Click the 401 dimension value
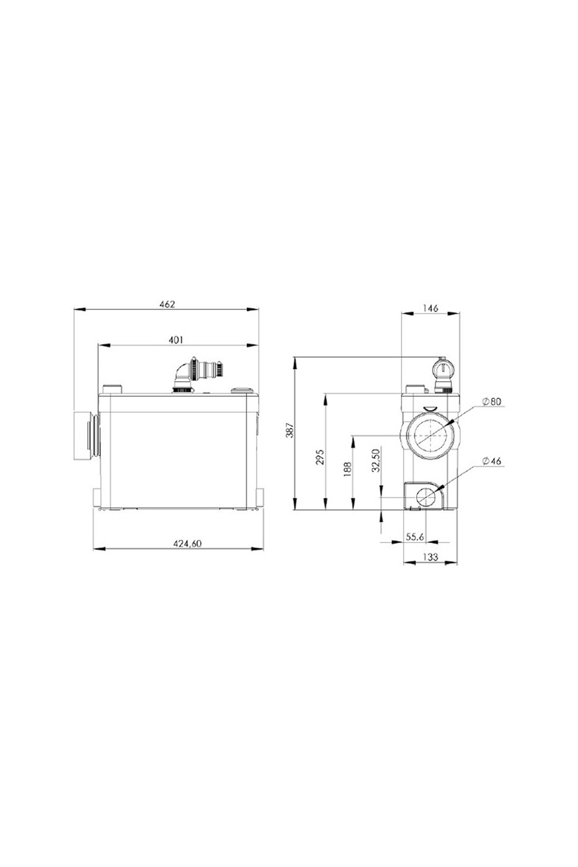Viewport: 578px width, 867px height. (x=176, y=340)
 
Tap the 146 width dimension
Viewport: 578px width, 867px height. (x=430, y=308)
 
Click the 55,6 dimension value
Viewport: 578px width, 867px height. (x=414, y=537)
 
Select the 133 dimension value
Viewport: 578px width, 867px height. (x=430, y=557)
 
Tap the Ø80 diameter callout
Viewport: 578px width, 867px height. (x=491, y=401)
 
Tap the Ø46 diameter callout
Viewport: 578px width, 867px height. (x=491, y=461)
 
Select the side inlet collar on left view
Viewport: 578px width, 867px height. (x=86, y=435)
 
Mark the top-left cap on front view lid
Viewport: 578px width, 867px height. (x=114, y=388)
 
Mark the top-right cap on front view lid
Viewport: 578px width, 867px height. (x=241, y=390)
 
